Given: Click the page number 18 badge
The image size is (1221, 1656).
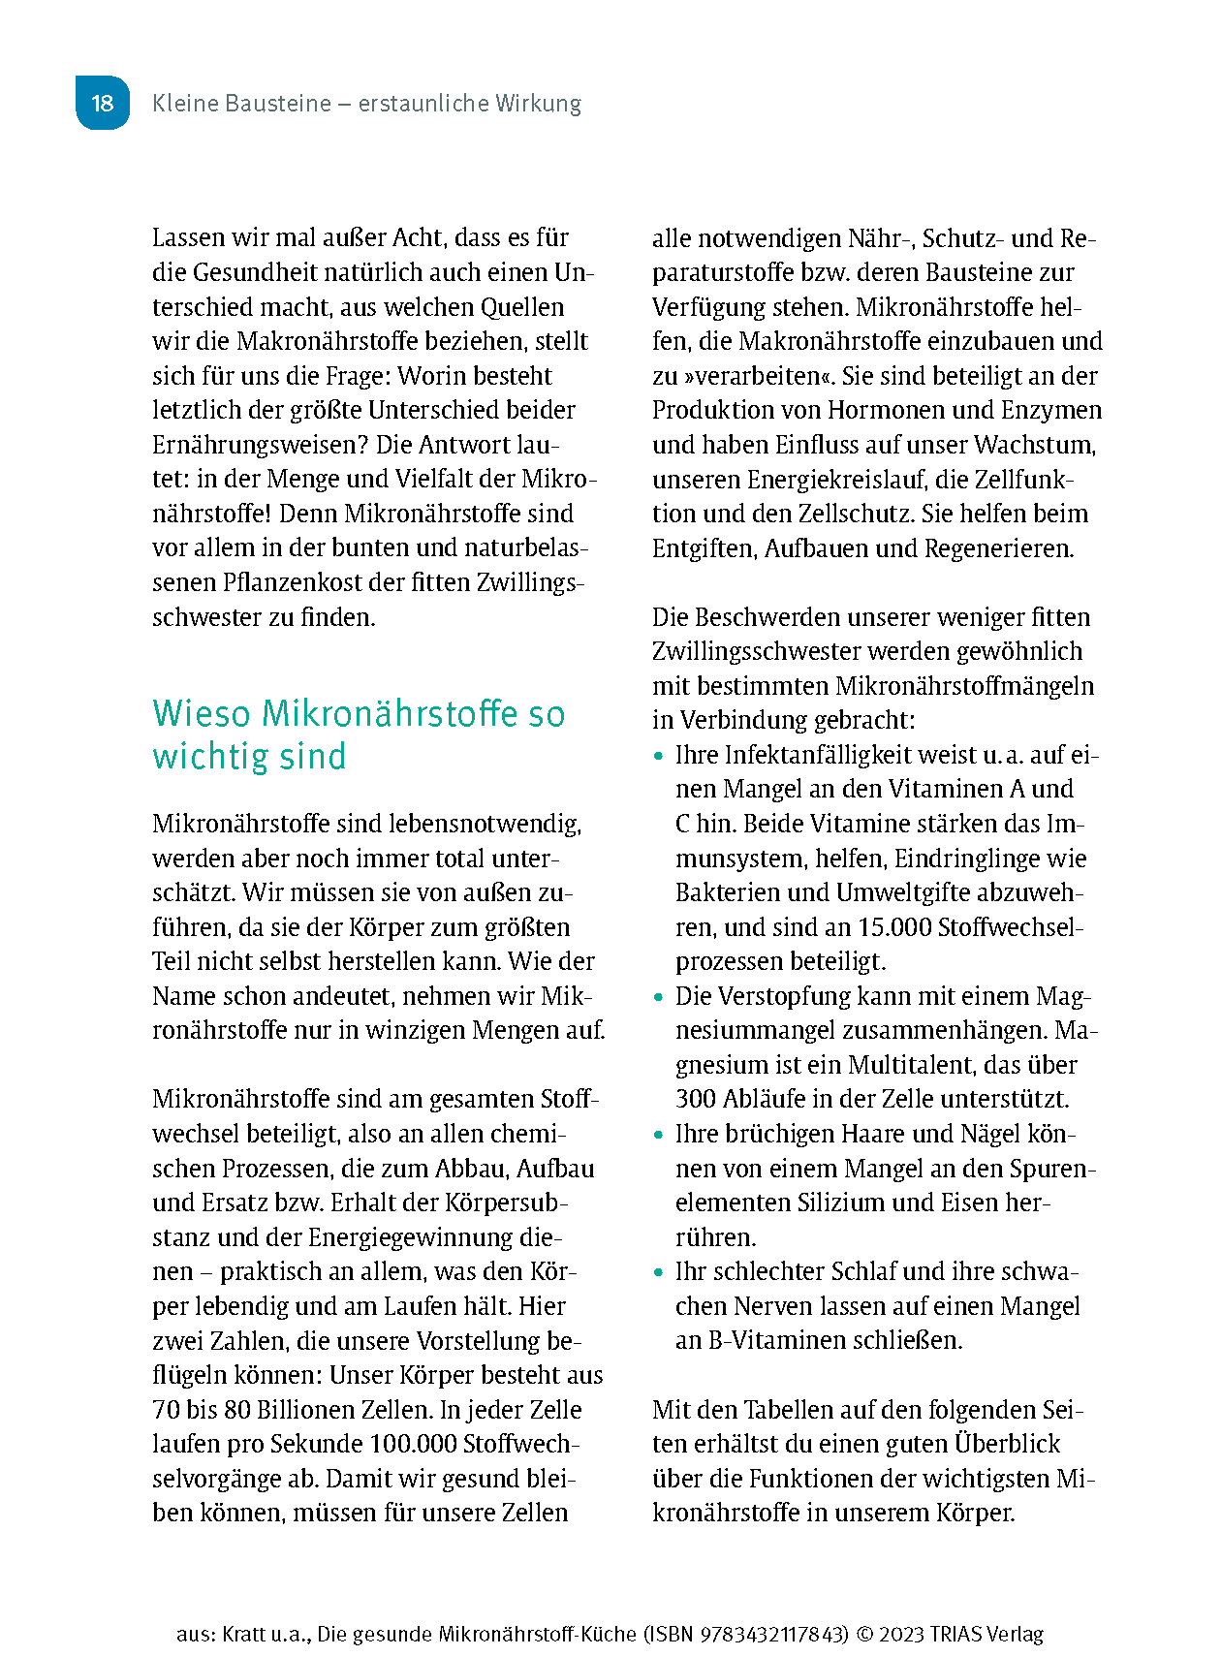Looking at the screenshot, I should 102,103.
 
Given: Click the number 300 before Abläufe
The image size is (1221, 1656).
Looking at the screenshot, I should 696,1099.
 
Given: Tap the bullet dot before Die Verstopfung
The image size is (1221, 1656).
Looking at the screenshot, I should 659,997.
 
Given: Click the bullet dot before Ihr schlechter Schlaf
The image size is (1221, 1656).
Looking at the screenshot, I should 659,1272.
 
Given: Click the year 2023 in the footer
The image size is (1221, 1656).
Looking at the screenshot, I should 901,1634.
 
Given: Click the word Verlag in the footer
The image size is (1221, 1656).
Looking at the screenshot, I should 1014,1634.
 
